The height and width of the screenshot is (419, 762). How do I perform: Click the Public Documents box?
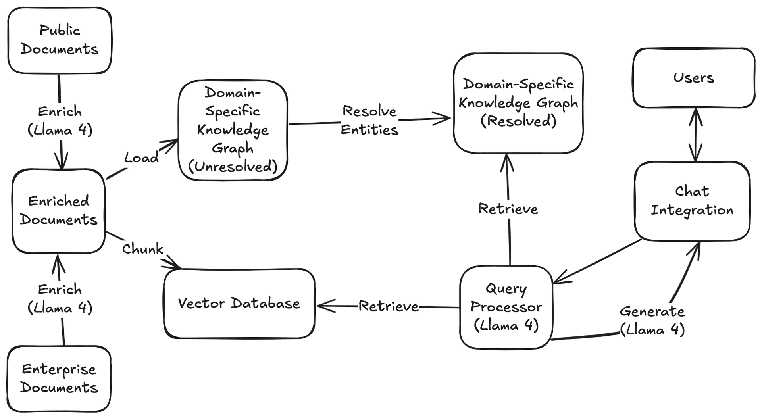tap(60, 40)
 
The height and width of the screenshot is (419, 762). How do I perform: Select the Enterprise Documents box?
tap(59, 379)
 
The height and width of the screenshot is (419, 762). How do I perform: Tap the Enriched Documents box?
tap(59, 211)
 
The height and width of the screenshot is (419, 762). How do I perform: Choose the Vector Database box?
tap(239, 304)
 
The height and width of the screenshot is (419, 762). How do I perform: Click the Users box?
tap(694, 78)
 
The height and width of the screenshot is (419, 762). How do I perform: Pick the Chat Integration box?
tap(692, 201)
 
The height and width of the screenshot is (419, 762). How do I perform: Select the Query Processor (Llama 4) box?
tap(506, 307)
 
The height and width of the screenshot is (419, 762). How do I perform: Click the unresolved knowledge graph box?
tap(233, 130)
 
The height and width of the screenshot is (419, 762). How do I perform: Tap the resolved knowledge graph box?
tap(518, 103)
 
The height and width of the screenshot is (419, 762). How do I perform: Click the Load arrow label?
tap(141, 158)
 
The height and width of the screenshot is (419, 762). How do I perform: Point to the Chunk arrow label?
tap(142, 249)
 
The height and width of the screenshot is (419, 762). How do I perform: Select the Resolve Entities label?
tap(369, 120)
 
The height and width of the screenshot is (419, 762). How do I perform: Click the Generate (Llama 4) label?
tap(652, 321)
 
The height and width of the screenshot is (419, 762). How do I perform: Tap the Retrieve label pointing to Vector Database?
tap(389, 306)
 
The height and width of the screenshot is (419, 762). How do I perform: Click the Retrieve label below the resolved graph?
tap(508, 209)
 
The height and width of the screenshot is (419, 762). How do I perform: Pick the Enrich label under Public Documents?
tap(60, 121)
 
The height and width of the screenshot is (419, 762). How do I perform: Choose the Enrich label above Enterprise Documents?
tap(60, 298)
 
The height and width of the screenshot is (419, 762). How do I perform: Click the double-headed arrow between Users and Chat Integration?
tap(696, 135)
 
